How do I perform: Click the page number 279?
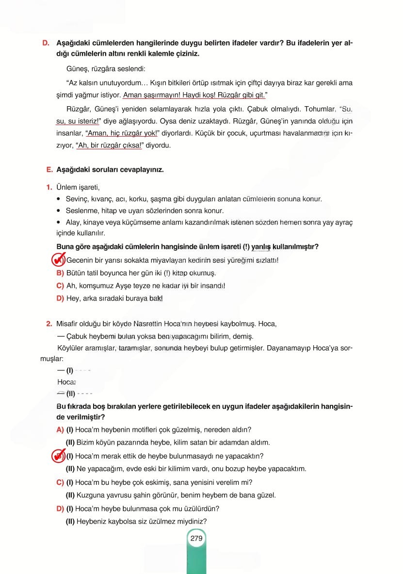pos(196,538)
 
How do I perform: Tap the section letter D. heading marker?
pos(46,43)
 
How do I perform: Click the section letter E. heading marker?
pos(48,170)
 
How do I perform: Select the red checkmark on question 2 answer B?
pos(59,456)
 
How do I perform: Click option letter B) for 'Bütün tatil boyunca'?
pos(61,273)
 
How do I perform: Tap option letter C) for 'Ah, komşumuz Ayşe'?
pos(61,286)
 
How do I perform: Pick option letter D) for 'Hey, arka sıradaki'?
pos(61,298)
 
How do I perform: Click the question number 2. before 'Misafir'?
pos(49,323)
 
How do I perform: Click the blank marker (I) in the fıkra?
pos(69,371)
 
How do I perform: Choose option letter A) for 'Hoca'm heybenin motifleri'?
pos(61,430)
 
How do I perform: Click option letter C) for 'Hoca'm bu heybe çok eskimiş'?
pos(61,482)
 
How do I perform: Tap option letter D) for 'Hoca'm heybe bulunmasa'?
pos(61,509)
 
